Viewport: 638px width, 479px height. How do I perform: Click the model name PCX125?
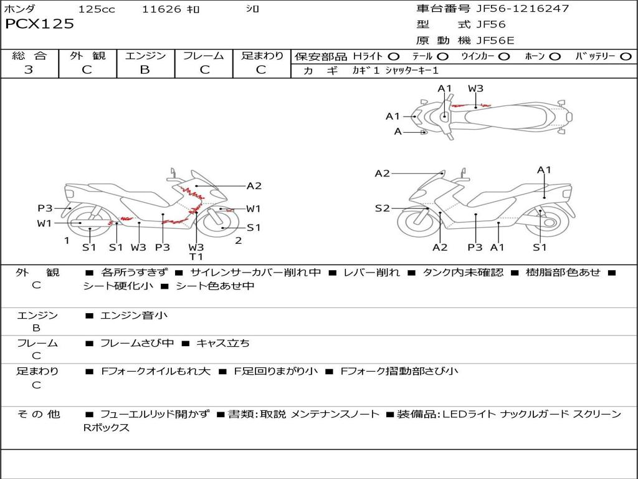(39, 24)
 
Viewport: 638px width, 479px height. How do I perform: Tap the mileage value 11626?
(161, 9)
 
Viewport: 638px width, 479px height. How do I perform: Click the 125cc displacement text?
(97, 9)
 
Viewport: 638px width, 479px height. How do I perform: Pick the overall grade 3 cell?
(29, 70)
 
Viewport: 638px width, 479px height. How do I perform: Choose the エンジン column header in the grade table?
(145, 56)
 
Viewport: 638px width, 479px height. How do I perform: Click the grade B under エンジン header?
(145, 70)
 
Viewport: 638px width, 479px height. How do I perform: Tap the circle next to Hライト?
(394, 57)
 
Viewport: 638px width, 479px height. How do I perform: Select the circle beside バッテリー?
(626, 57)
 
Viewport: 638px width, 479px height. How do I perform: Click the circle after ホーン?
(555, 57)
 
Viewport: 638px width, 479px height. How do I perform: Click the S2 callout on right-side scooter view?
(383, 208)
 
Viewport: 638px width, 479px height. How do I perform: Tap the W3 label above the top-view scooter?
(475, 89)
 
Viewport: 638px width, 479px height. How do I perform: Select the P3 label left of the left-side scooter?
(45, 208)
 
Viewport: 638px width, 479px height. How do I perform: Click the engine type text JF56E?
(495, 41)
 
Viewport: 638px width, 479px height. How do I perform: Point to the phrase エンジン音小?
(134, 316)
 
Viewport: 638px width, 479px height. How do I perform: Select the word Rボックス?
(107, 428)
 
